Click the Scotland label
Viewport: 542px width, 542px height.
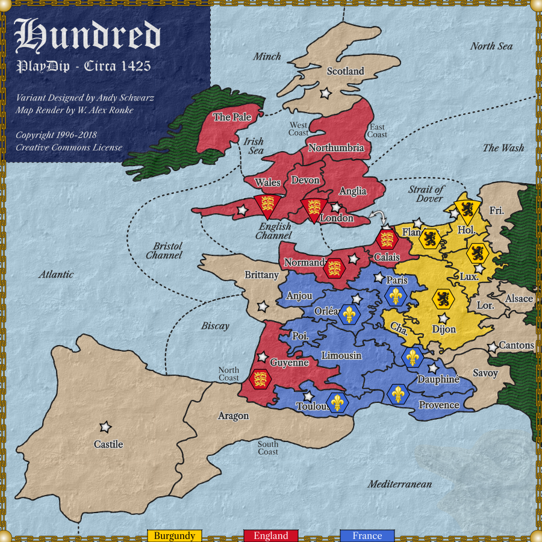coord(345,71)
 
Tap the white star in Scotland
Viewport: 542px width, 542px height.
coord(325,93)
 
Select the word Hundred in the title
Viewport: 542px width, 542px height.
coord(88,36)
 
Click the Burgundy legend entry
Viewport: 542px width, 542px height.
coord(174,535)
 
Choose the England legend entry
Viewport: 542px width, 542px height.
coord(270,535)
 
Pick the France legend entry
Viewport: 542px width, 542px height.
coord(367,535)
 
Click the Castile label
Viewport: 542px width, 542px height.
coord(108,444)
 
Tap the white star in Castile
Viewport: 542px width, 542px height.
coord(105,427)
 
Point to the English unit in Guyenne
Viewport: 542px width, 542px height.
coord(260,379)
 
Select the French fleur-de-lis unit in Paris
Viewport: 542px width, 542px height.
coord(395,296)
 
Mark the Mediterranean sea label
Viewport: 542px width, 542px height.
coord(400,484)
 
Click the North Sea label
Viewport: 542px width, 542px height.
coord(491,46)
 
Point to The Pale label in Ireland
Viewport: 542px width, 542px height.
coord(232,117)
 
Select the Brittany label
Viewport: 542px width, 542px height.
coord(261,275)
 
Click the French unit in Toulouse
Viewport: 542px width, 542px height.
coord(337,402)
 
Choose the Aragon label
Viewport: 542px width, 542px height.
coord(233,416)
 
